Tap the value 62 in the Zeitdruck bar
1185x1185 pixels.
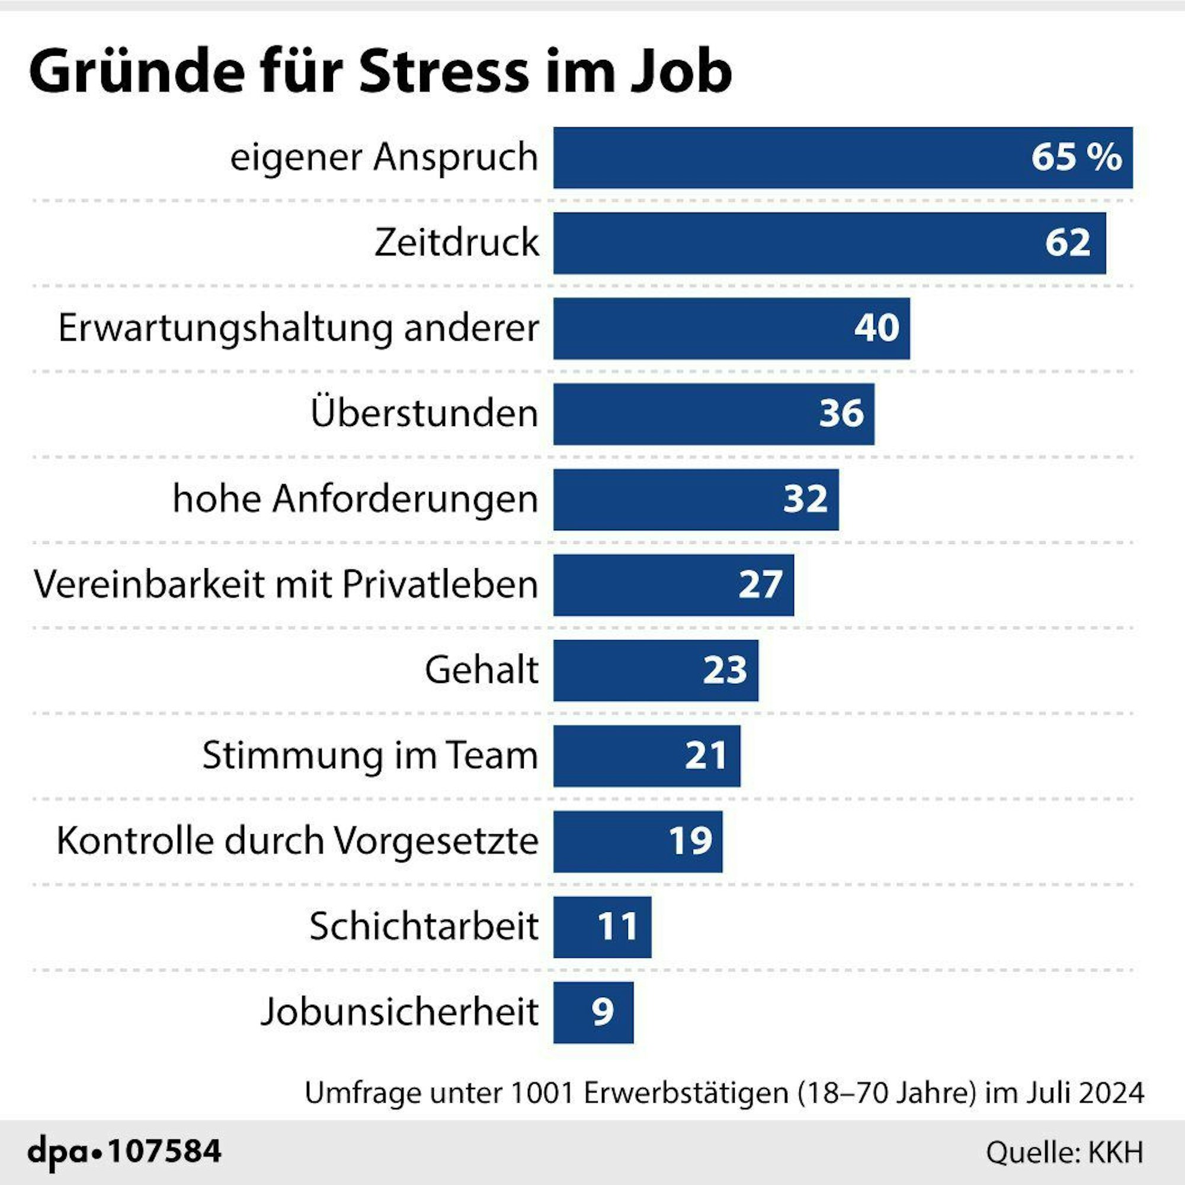(1068, 243)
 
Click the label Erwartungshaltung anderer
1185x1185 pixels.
(298, 328)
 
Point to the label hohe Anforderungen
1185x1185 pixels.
(355, 499)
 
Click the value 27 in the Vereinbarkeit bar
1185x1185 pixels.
(761, 585)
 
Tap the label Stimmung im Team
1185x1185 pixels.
(370, 755)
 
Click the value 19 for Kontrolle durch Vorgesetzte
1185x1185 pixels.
(691, 841)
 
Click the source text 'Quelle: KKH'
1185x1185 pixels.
(1064, 1152)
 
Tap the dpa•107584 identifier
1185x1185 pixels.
(124, 1151)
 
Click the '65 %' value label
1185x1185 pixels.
(1077, 158)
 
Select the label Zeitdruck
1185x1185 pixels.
(456, 243)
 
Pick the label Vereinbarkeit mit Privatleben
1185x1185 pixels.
(286, 585)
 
